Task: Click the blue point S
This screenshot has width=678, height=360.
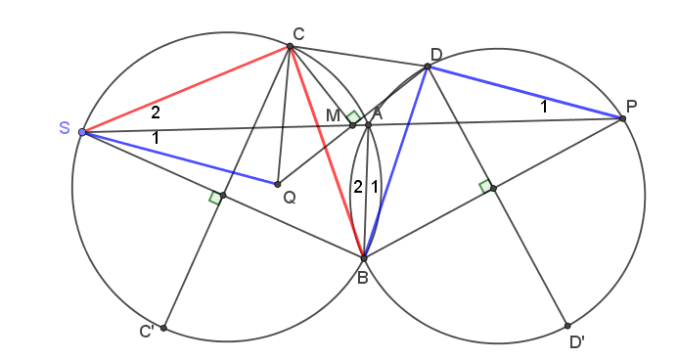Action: click(x=82, y=132)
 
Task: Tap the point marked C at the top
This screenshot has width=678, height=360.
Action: click(x=291, y=46)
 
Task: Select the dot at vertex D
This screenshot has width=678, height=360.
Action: click(x=428, y=67)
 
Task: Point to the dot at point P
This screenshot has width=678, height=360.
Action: click(x=622, y=118)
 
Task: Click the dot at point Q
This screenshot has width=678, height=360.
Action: click(x=278, y=184)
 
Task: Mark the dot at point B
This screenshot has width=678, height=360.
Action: click(x=364, y=258)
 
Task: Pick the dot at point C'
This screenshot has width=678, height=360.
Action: click(x=163, y=328)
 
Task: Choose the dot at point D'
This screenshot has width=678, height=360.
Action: click(x=567, y=326)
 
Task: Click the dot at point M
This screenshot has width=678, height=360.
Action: click(x=352, y=125)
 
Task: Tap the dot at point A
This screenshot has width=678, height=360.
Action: click(x=368, y=125)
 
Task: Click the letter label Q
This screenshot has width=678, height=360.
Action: click(x=290, y=198)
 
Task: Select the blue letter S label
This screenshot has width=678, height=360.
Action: click(x=64, y=128)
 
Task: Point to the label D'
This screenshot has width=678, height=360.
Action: click(x=577, y=342)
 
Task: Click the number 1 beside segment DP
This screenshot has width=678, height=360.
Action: click(x=544, y=106)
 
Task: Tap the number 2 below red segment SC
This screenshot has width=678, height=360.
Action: click(x=156, y=112)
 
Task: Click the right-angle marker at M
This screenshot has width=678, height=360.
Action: click(x=354, y=116)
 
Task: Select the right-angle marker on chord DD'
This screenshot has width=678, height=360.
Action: click(x=485, y=186)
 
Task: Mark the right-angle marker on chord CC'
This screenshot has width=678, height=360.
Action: click(x=216, y=198)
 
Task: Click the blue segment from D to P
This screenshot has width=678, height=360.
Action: click(x=525, y=92)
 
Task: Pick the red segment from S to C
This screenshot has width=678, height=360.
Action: click(x=186, y=89)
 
